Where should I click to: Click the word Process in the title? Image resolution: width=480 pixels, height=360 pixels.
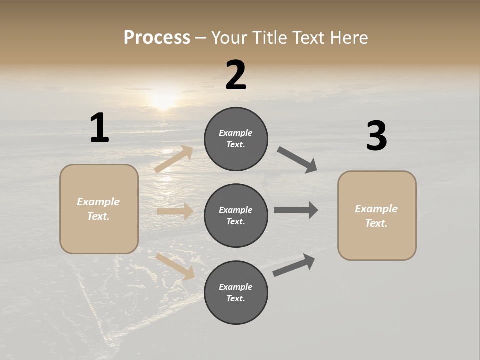coord(157,38)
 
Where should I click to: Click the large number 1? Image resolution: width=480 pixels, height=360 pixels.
coord(99,128)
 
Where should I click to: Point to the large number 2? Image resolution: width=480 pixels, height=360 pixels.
coord(236,75)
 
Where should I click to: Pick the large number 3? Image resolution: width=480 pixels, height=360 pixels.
coord(376,136)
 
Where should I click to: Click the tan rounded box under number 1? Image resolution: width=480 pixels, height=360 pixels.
coord(99,209)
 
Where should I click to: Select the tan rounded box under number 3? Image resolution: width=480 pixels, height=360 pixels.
coord(377,216)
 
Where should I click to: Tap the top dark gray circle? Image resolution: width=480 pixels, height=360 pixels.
coord(236,139)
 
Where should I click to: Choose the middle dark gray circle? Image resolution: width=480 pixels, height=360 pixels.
coord(236,216)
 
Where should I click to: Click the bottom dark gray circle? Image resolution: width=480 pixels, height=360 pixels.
coord(236,293)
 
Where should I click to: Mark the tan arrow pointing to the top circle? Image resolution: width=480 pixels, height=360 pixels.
coord(174,159)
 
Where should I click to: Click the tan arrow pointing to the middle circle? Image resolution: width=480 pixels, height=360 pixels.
coord(175,211)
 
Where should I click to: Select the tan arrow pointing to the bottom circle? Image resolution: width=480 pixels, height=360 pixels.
coord(175,266)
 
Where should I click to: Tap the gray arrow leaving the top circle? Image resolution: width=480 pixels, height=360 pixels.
coord(298,160)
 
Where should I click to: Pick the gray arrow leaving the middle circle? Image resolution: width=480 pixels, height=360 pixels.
coord(296,210)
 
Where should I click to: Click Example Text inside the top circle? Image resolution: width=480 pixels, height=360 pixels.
coord(236,139)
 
